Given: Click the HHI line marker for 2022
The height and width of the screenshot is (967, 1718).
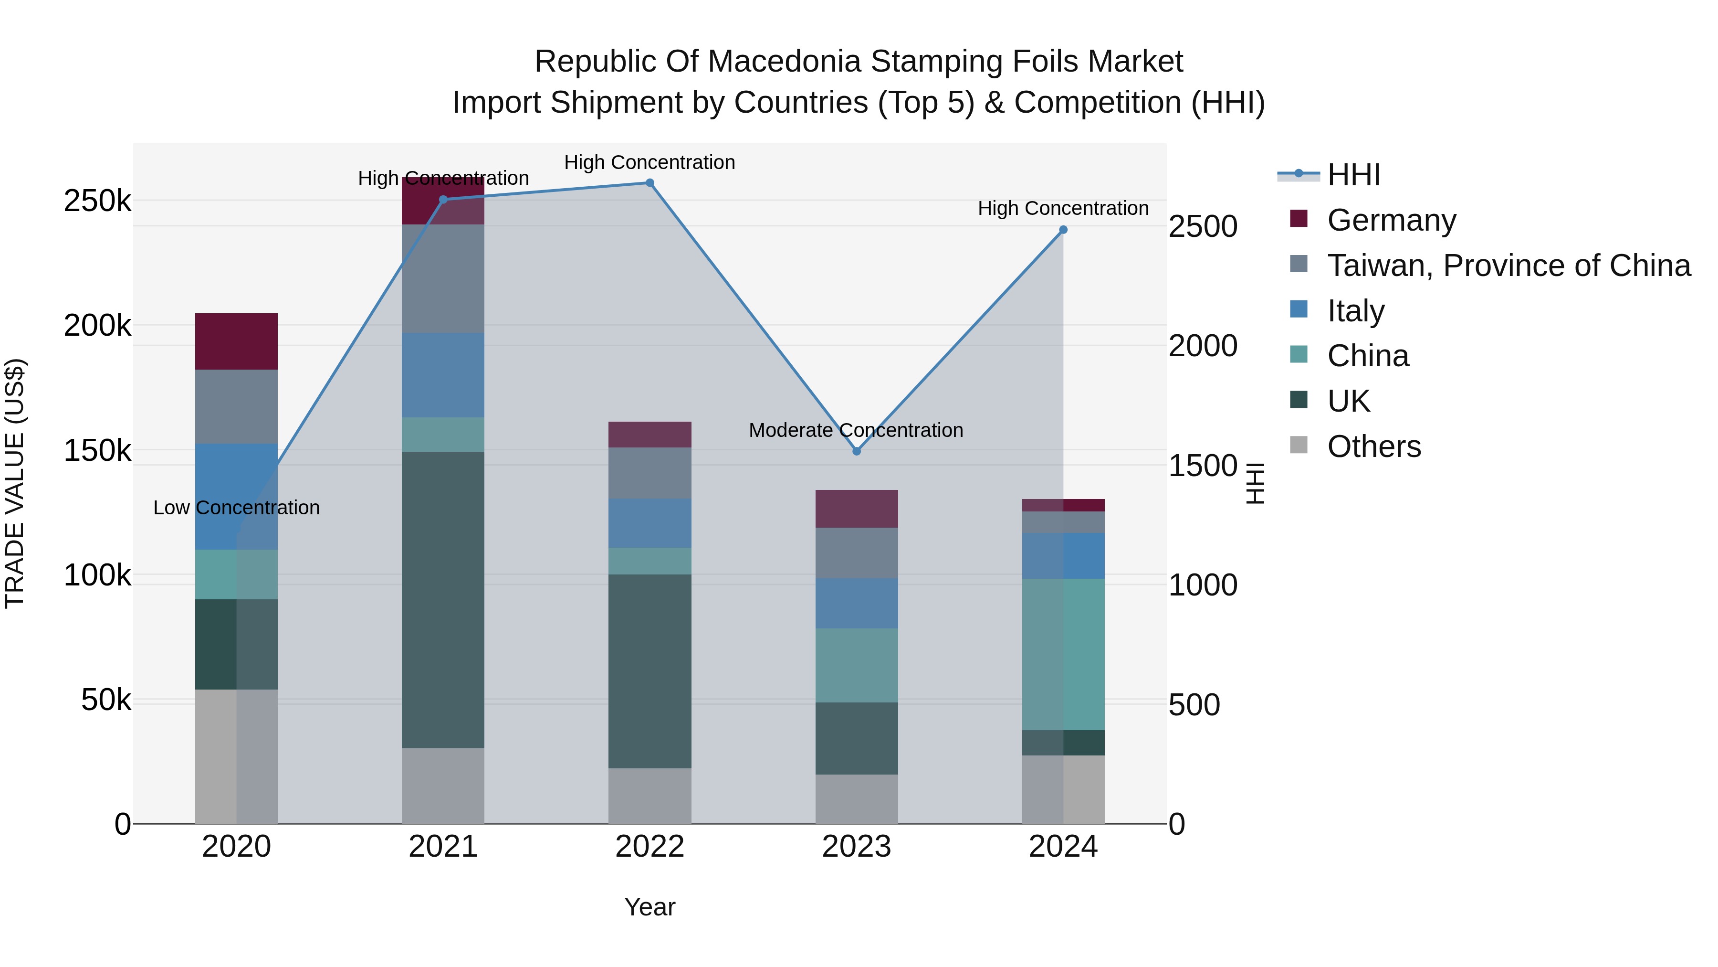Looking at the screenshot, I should click(649, 183).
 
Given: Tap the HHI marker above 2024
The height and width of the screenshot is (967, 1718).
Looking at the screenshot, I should click(1063, 230).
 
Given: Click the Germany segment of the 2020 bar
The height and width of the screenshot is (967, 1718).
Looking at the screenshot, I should click(236, 341).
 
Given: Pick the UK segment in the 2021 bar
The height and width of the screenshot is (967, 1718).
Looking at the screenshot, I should click(443, 599).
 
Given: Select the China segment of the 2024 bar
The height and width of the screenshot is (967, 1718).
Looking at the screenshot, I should click(1063, 654).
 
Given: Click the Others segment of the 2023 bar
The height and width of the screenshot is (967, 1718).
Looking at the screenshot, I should click(856, 799).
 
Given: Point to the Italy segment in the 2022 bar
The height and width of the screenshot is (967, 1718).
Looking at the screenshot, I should click(649, 523).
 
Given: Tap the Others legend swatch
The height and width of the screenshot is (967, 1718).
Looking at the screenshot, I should click(1299, 445).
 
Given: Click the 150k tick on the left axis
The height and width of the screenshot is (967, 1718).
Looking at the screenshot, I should click(97, 450).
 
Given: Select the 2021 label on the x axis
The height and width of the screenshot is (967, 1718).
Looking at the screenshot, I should click(443, 847).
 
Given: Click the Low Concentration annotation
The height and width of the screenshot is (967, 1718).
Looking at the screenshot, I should click(236, 508).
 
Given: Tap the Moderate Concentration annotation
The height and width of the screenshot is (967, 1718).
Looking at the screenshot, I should click(856, 430).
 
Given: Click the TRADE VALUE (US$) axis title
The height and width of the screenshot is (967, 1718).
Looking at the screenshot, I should click(15, 483).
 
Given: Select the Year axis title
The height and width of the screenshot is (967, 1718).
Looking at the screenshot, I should click(649, 907).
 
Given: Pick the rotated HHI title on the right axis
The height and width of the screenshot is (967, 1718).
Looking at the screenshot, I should click(1255, 483).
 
